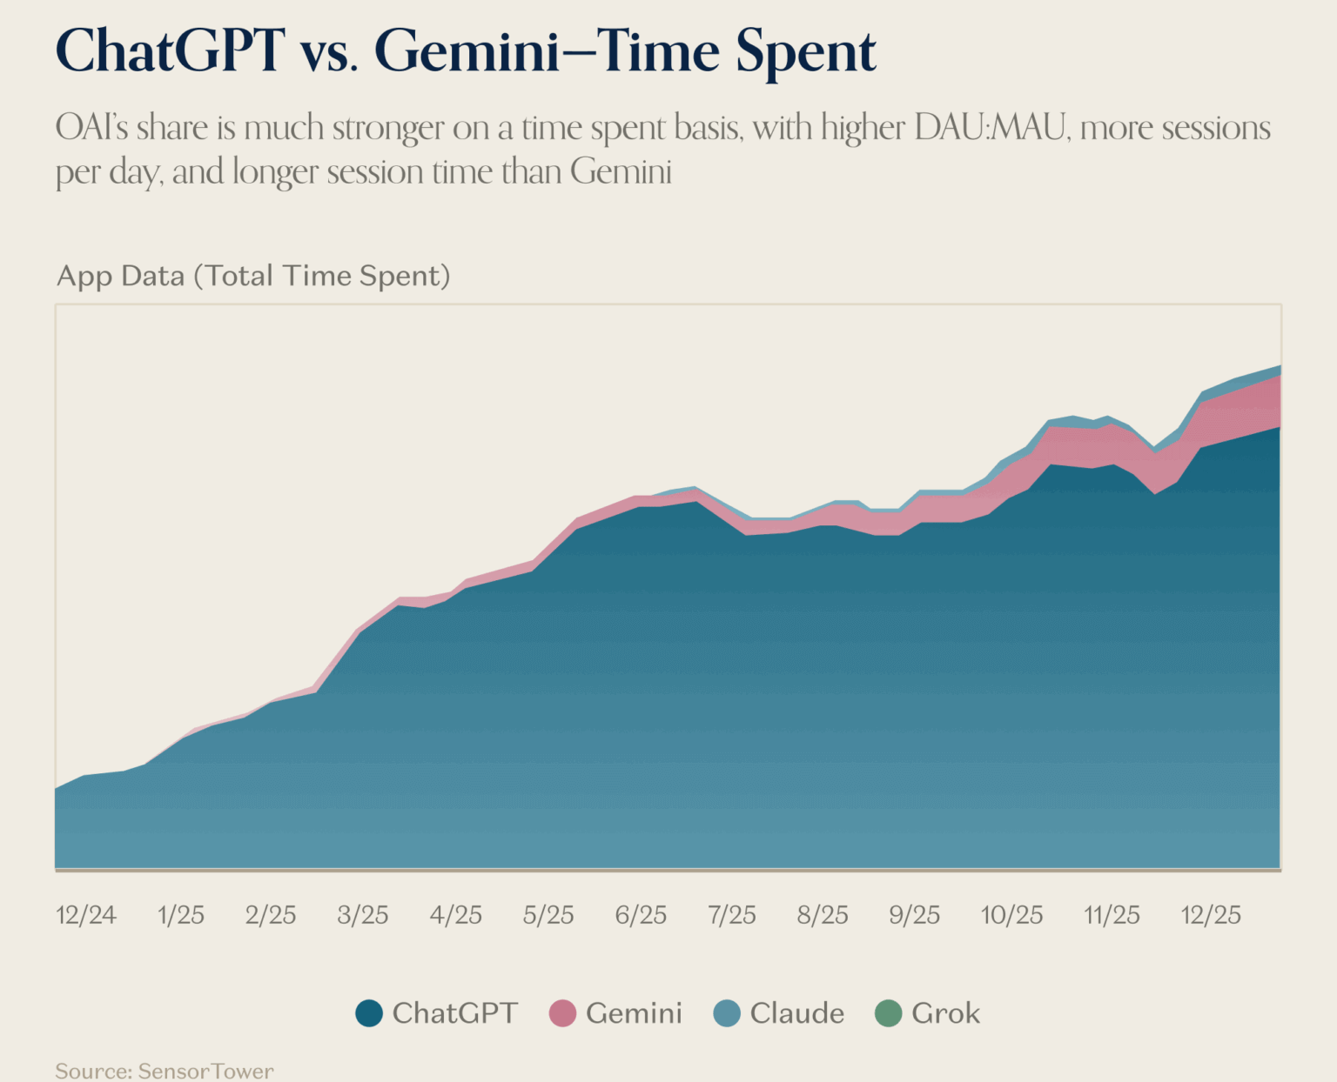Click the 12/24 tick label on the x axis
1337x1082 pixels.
coord(85,915)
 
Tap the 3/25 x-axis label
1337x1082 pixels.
coord(363,915)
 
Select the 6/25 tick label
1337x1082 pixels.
coord(641,915)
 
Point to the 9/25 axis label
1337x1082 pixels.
coord(914,915)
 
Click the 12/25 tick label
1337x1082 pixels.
coord(1210,915)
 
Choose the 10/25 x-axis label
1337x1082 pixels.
coord(1011,915)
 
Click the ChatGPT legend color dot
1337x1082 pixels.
coord(369,1013)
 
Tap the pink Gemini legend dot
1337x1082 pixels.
coord(562,1013)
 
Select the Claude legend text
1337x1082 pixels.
coord(796,1013)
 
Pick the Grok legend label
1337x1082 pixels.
coord(945,1013)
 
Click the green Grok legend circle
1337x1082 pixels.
coord(888,1013)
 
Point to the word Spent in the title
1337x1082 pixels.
coord(805,52)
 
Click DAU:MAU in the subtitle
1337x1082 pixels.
coord(991,128)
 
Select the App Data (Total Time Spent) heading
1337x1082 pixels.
coord(253,276)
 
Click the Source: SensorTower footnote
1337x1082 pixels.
coord(165,1071)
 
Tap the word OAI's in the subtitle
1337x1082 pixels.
coord(92,128)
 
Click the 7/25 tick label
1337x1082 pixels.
coord(732,915)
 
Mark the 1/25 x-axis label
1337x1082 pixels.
coord(180,915)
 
